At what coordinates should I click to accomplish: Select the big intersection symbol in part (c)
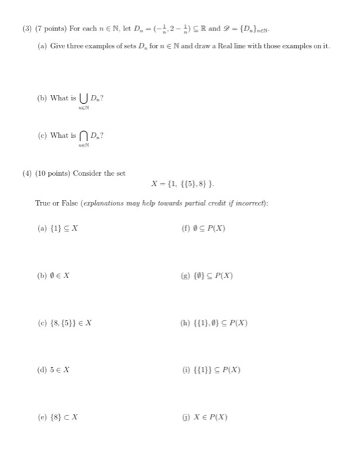[x=85, y=136]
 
